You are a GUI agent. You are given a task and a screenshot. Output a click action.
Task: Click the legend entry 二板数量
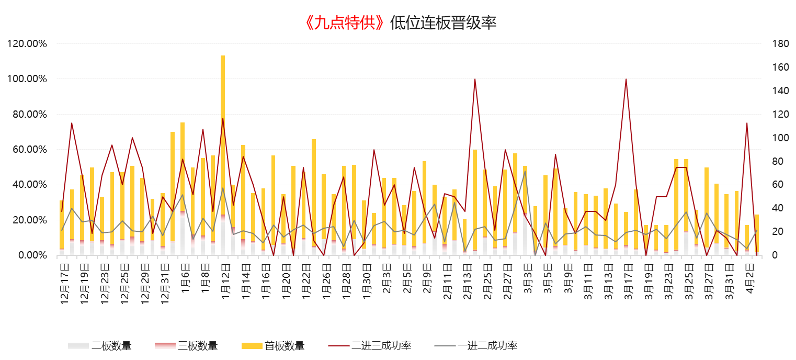[x=110, y=346]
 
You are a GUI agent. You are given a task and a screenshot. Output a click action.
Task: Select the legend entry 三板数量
[x=197, y=346]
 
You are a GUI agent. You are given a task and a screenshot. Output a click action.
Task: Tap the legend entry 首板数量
[x=284, y=346]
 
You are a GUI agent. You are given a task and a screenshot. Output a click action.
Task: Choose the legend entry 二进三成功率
[x=381, y=346]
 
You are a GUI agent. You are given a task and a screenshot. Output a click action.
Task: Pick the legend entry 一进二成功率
[x=487, y=346]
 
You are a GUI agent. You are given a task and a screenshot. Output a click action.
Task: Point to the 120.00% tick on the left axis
[x=28, y=44]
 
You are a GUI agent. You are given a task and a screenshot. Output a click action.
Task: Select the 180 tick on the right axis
[x=779, y=44]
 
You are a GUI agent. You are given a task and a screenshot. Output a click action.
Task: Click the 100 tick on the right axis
[x=779, y=138]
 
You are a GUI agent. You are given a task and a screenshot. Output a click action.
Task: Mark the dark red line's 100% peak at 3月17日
[x=626, y=79]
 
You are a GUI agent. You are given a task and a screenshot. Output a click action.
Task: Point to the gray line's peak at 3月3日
[x=525, y=171]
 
